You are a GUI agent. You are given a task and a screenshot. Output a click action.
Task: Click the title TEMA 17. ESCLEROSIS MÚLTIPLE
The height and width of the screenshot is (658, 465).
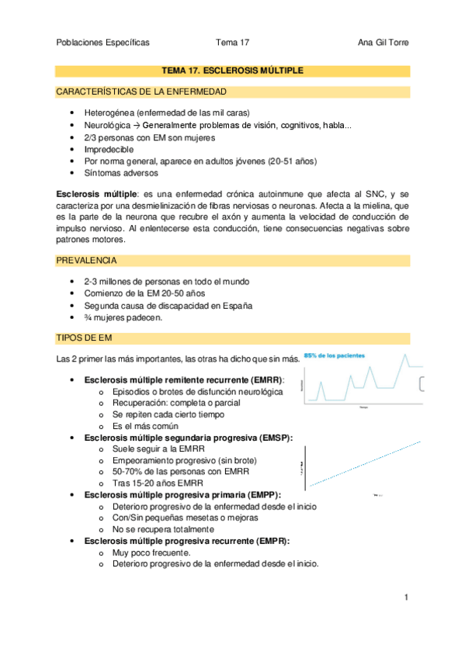click(x=231, y=71)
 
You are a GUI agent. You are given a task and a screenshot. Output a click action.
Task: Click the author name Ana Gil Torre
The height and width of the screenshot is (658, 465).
click(x=380, y=43)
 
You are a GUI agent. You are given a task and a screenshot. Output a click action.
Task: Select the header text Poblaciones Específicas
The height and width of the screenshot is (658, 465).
click(x=103, y=43)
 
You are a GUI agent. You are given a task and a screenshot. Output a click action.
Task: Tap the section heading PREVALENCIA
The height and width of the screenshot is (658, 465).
click(x=88, y=260)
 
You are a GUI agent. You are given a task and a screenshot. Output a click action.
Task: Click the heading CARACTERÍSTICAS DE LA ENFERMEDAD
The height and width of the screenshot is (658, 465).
click(x=141, y=92)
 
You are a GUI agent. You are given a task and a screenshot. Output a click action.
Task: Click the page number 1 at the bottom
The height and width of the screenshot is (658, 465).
click(x=406, y=597)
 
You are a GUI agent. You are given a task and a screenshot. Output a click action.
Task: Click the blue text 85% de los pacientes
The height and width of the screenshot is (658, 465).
click(x=335, y=355)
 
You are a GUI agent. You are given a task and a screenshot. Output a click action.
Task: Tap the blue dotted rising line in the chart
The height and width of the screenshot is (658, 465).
click(x=365, y=463)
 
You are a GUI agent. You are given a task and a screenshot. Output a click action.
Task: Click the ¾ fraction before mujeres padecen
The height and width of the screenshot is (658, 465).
click(x=87, y=317)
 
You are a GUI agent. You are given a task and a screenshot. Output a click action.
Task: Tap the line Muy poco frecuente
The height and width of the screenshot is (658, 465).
click(x=151, y=552)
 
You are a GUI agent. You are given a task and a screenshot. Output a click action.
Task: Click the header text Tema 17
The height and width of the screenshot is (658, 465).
click(x=233, y=43)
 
